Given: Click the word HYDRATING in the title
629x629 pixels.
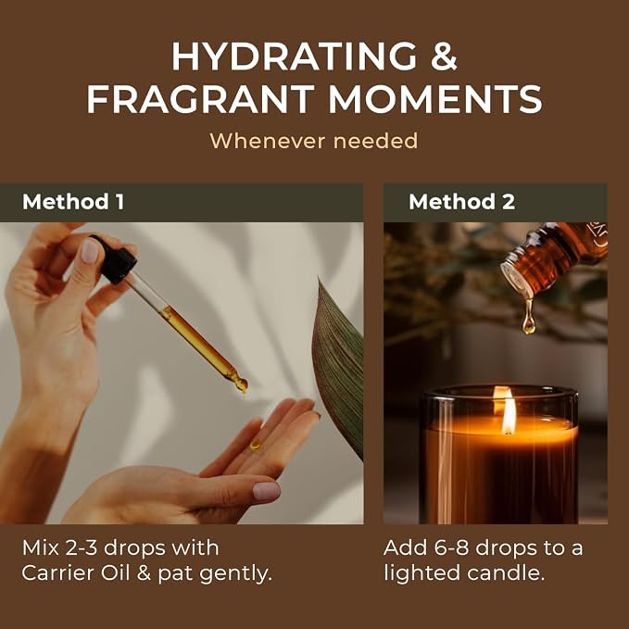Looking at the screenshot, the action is [295, 57].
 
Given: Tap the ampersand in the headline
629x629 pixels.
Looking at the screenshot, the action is [444, 57].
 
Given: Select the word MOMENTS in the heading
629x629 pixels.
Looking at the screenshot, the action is [435, 99].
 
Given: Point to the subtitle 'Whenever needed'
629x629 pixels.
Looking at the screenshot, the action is [314, 141].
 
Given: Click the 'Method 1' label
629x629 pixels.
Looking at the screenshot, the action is [73, 201].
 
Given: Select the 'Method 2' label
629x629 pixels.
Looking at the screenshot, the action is [461, 201].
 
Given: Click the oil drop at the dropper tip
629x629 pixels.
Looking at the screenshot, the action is [242, 385].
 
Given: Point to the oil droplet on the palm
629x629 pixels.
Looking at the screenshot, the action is [255, 445].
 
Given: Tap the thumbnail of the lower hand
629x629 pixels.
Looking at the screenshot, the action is [267, 491].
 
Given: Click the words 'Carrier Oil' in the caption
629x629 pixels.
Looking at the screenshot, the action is [76, 572].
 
